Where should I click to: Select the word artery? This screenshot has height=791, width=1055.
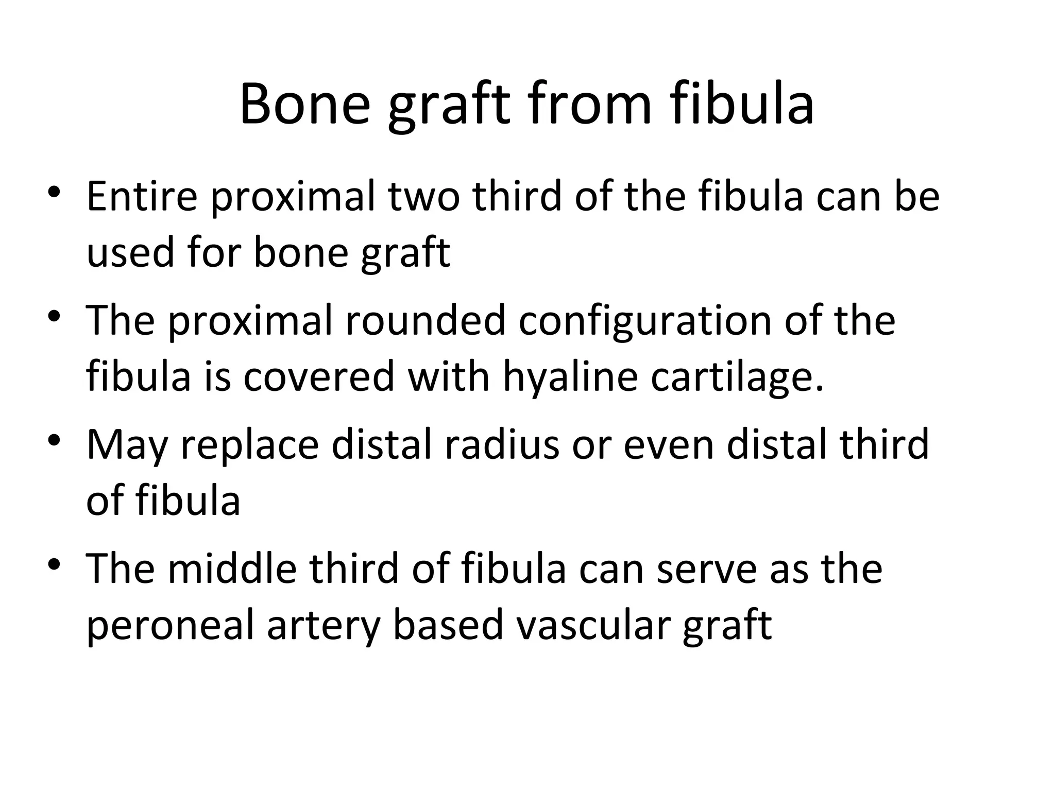323,625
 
